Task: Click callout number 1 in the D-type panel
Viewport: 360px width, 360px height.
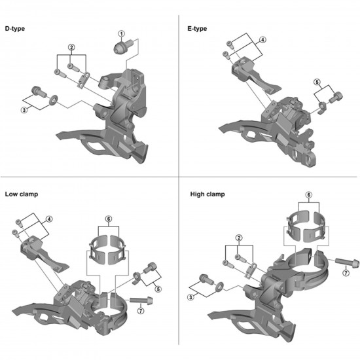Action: click(x=121, y=33)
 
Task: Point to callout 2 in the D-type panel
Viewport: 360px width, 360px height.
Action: click(x=71, y=47)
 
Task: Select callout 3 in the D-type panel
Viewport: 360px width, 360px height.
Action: click(x=24, y=111)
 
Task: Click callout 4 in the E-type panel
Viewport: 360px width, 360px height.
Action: click(x=262, y=40)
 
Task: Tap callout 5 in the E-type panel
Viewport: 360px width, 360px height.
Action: click(x=317, y=82)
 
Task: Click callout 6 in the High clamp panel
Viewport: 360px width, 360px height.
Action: click(x=308, y=196)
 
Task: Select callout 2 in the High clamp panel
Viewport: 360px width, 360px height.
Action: click(x=240, y=238)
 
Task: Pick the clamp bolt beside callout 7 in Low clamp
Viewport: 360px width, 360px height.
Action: click(x=144, y=301)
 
